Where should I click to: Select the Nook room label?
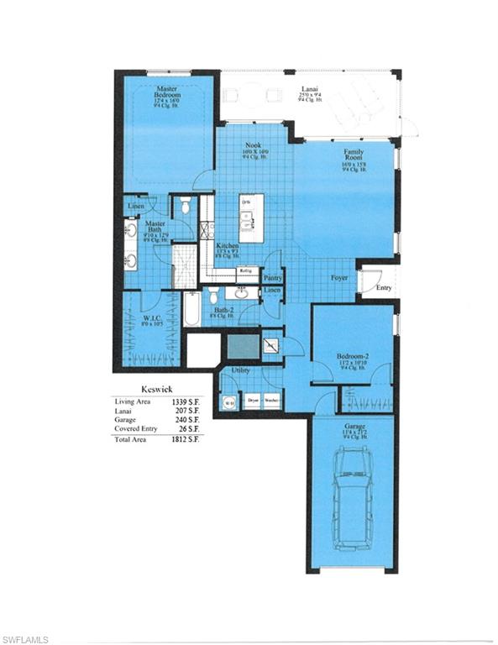(253, 145)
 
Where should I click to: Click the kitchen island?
(250, 213)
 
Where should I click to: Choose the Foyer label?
(338, 277)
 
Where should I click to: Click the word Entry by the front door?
(384, 288)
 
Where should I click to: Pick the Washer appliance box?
(271, 401)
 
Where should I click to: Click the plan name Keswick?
(156, 390)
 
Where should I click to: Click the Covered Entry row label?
(136, 428)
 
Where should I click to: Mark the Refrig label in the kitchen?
(246, 270)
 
